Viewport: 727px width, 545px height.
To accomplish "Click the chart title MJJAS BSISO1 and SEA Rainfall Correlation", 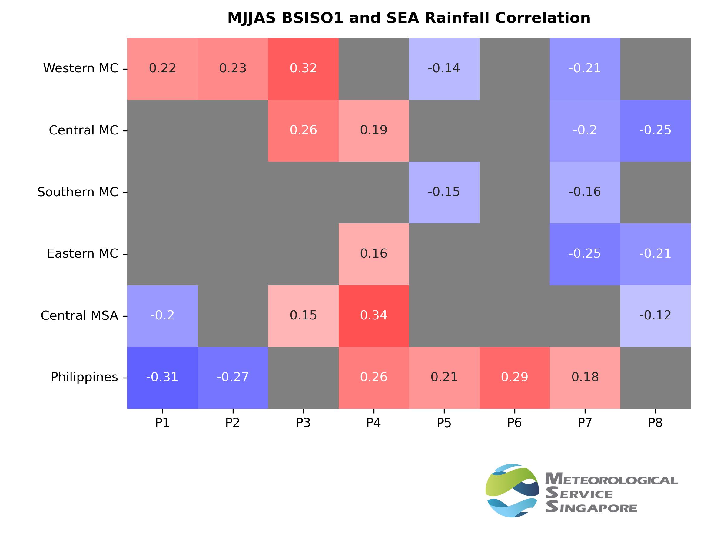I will tap(409, 18).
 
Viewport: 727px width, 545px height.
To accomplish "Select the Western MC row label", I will tap(81, 68).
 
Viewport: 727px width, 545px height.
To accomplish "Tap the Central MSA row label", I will tap(79, 315).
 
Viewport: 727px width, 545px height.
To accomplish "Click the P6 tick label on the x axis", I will tap(514, 423).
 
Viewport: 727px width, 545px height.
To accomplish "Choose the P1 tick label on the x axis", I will tap(162, 423).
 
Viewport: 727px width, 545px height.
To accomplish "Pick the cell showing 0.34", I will tap(374, 316).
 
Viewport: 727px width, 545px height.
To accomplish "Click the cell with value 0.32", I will tap(303, 69).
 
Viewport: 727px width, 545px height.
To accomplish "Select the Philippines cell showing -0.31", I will tap(162, 378).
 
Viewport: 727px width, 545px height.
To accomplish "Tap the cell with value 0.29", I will tap(514, 378).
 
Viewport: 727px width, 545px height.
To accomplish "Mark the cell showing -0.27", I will tap(233, 378).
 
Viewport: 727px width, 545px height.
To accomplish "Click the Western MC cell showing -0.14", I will tap(444, 69).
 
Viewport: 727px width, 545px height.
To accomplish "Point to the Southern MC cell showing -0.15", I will tap(444, 192).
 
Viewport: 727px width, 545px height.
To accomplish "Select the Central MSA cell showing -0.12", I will tap(655, 316).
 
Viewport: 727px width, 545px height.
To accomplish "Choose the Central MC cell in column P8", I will tap(655, 130).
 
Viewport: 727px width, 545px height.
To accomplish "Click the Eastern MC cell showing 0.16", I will tap(374, 254).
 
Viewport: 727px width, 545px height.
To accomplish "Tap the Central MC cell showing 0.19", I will tap(374, 130).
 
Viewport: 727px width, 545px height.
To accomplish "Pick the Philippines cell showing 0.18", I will tap(585, 378).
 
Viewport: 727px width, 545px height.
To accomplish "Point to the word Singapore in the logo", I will tap(591, 507).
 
